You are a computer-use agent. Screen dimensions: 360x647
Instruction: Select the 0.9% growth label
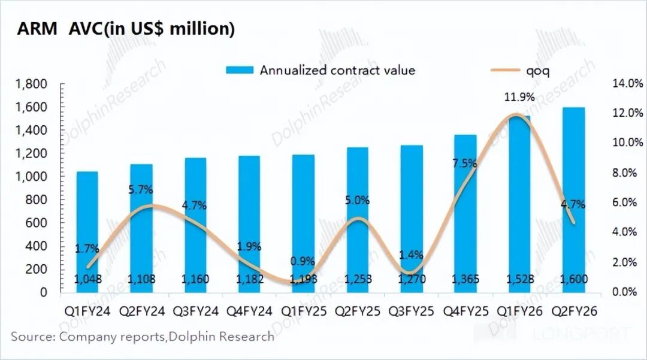coord(303,261)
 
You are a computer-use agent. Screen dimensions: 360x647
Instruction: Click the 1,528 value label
coord(519,279)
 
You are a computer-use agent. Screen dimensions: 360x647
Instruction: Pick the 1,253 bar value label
coord(357,279)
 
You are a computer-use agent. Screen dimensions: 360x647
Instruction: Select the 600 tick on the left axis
coord(40,223)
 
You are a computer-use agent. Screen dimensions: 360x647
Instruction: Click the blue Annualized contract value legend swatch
coord(240,70)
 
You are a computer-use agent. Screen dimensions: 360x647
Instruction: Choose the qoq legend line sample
coord(505,70)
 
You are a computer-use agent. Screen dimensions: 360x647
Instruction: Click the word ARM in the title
coord(37,29)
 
